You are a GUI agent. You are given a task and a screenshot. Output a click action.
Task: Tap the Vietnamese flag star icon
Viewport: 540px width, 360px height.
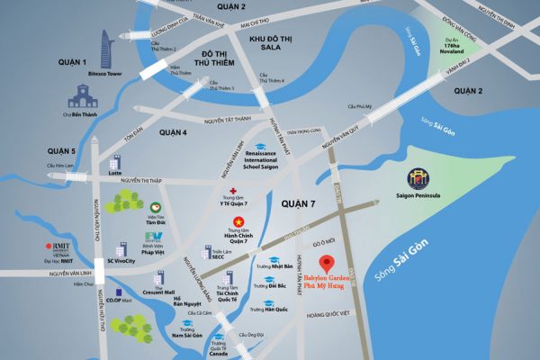click(x=238, y=221)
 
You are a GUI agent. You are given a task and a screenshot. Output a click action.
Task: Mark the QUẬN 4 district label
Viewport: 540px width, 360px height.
click(x=172, y=132)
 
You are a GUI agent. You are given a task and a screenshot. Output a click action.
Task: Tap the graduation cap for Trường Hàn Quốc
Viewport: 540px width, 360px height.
click(x=268, y=302)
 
